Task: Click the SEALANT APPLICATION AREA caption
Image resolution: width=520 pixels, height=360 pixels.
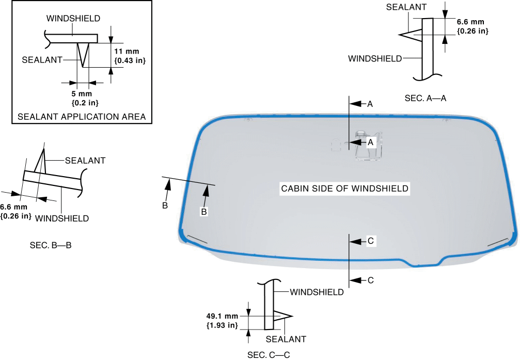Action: click(82, 117)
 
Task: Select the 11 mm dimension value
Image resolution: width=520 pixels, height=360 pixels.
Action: click(127, 52)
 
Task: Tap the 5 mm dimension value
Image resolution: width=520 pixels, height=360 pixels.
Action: click(82, 93)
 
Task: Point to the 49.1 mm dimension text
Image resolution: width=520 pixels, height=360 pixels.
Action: click(222, 316)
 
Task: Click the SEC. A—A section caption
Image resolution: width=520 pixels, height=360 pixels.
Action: click(426, 98)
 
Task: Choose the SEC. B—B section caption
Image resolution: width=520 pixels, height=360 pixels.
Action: click(51, 245)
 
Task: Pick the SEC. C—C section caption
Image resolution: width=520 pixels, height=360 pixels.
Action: click(269, 355)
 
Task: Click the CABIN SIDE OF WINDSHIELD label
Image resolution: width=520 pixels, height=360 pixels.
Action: click(344, 189)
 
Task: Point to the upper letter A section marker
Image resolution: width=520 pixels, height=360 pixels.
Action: click(370, 104)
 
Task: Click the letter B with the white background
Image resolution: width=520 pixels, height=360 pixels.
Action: click(204, 212)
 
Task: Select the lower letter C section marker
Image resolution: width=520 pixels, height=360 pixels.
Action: click(371, 280)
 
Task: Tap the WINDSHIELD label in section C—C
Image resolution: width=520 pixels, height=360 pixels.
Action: click(317, 292)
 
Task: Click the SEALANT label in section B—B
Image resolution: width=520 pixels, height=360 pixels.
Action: click(85, 161)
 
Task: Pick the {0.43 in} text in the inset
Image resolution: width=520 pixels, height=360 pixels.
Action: click(130, 61)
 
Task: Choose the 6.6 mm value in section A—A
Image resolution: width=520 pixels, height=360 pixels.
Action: click(470, 22)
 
